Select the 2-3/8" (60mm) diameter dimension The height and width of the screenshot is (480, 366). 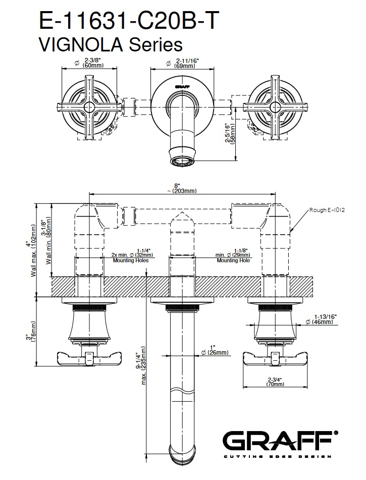pyautogui.click(x=90, y=63)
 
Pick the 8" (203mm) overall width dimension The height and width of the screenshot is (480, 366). pyautogui.click(x=182, y=188)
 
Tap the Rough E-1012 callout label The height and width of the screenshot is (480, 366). pyautogui.click(x=327, y=210)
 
